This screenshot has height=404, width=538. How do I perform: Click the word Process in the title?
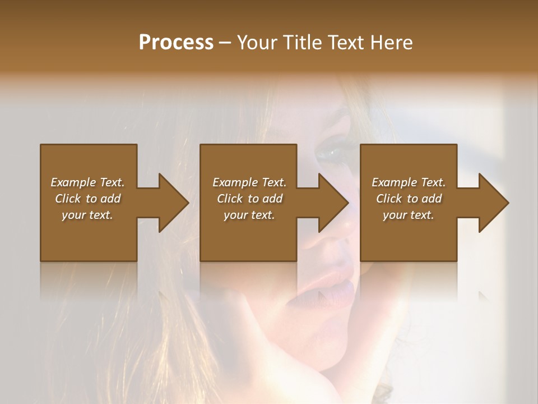click(x=176, y=42)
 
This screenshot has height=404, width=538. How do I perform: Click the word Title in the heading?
click(x=301, y=42)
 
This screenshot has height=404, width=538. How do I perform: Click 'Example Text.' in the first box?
click(x=87, y=182)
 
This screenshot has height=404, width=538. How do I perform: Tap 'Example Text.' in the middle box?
click(x=249, y=182)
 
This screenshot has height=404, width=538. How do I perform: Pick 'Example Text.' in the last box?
click(x=409, y=182)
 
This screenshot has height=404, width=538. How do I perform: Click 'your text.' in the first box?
click(x=87, y=215)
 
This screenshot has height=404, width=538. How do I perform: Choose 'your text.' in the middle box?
click(x=249, y=215)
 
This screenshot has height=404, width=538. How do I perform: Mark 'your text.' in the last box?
click(x=409, y=215)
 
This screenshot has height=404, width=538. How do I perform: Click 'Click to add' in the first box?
click(x=87, y=199)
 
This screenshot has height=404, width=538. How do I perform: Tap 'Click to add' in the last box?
click(x=409, y=199)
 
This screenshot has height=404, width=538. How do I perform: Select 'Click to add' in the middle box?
click(x=249, y=199)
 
